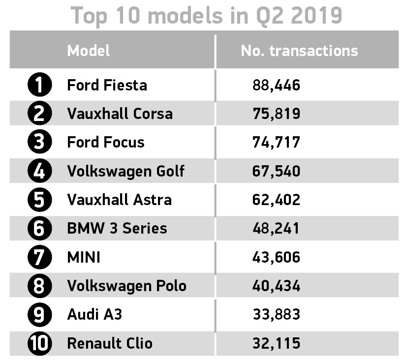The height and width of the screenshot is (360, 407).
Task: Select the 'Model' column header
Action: (x=89, y=51)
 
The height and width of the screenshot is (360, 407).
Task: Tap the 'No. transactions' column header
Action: (x=299, y=51)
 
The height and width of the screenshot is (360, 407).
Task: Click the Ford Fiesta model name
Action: (x=107, y=85)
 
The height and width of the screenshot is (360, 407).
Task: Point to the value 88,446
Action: (x=276, y=85)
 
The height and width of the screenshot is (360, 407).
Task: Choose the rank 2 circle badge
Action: (x=39, y=114)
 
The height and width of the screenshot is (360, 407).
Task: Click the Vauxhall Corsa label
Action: (x=120, y=114)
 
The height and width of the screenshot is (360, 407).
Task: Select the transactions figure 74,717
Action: (x=276, y=142)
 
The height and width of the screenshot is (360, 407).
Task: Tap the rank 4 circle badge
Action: (x=39, y=171)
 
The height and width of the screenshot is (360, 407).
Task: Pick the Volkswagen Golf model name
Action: (x=125, y=171)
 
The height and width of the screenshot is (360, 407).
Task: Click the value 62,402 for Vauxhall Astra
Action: (x=276, y=200)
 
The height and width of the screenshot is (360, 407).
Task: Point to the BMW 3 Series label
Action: (x=117, y=228)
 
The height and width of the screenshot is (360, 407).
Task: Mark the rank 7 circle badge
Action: (x=39, y=257)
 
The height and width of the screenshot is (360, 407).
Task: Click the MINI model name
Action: (x=84, y=257)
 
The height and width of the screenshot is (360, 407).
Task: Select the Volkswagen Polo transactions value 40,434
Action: (x=276, y=286)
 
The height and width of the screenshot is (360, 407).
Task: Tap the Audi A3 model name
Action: (x=94, y=314)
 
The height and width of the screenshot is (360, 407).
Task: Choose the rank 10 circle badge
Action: (x=39, y=343)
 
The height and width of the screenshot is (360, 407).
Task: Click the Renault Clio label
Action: (x=109, y=343)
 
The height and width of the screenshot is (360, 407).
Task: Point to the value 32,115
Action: (x=276, y=343)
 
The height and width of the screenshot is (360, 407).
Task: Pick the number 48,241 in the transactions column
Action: (x=276, y=228)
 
